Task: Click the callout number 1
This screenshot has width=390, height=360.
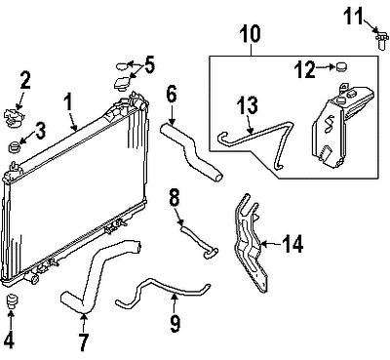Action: point(68,100)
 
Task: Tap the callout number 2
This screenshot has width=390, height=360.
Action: point(26,78)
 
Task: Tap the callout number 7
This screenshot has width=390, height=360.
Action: point(84,343)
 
